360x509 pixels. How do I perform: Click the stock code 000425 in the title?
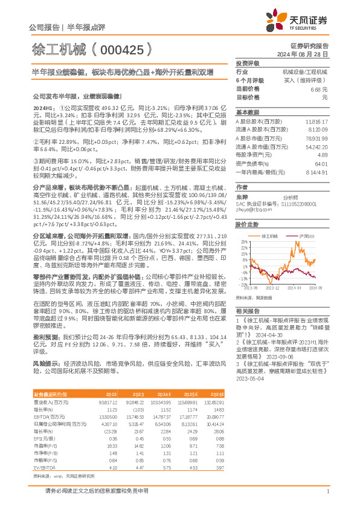[x=120, y=48]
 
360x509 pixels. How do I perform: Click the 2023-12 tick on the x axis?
[x=273, y=289]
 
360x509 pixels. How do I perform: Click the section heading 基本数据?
[x=247, y=112]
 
